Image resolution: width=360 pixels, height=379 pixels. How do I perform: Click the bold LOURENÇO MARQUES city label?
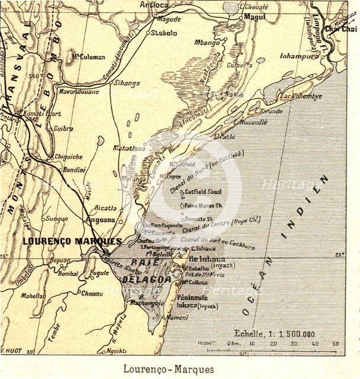72,242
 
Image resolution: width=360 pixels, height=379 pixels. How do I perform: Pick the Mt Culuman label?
88,57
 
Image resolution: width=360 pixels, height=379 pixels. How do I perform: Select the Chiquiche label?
69,157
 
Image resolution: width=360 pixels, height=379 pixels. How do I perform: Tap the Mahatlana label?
131,149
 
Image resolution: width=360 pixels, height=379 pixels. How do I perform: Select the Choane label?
92,293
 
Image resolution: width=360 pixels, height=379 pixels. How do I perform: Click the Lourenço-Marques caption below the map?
169,368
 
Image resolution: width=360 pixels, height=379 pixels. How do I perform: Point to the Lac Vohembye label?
301,96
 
